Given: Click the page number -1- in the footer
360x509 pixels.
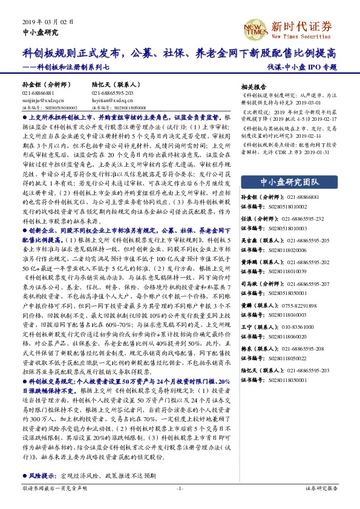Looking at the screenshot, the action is [180, 487].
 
